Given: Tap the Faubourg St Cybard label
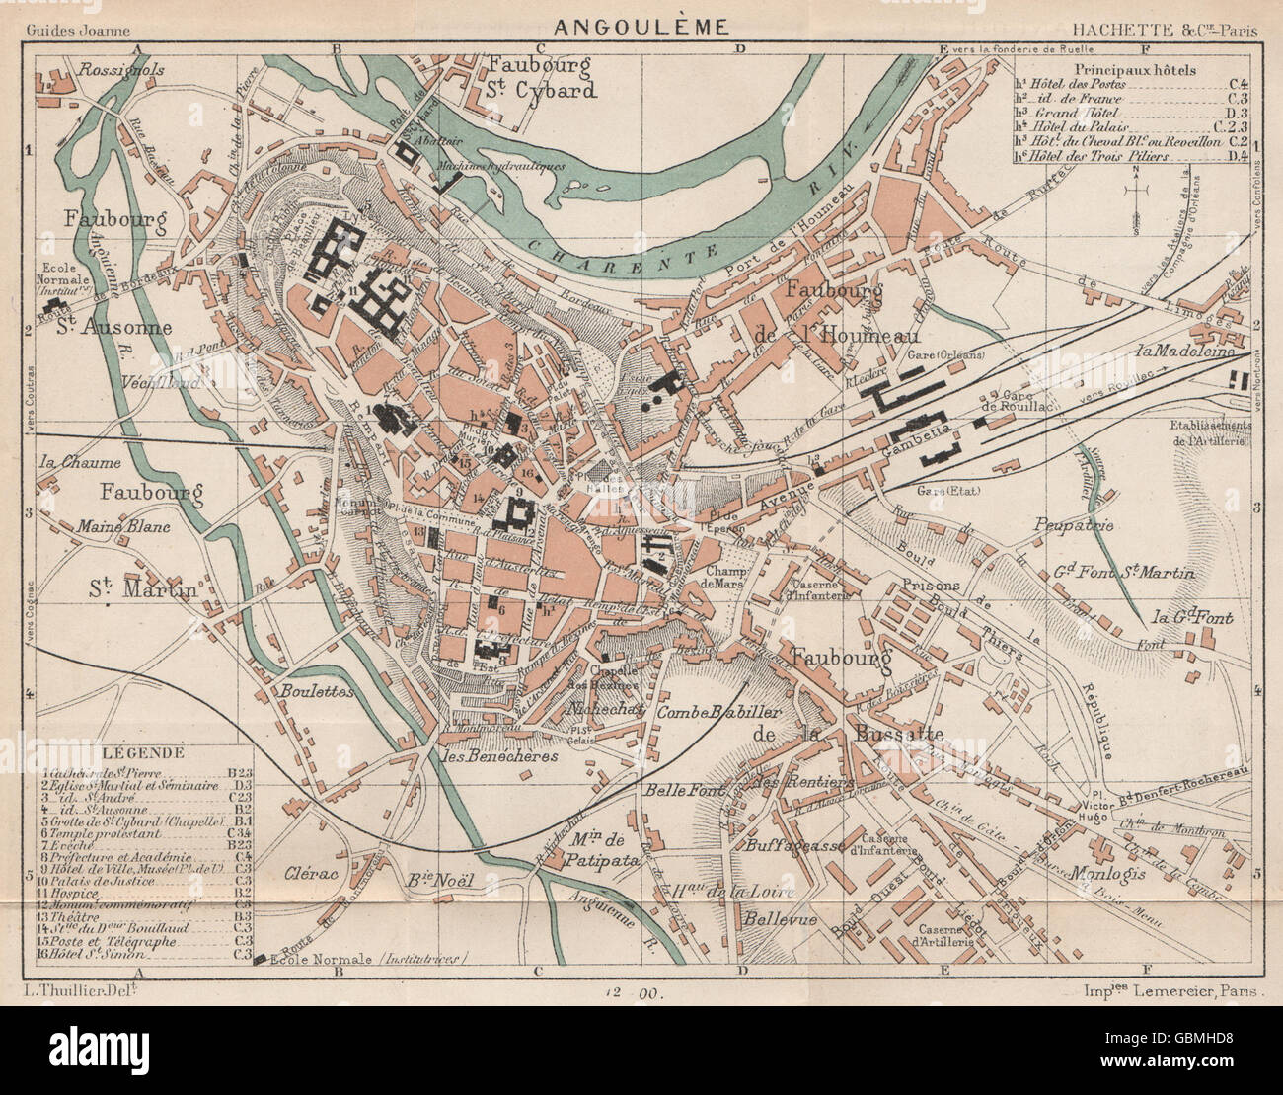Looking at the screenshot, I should (x=542, y=78).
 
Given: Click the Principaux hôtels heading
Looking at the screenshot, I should (x=1135, y=71).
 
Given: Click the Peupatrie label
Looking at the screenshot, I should (x=1075, y=524).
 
